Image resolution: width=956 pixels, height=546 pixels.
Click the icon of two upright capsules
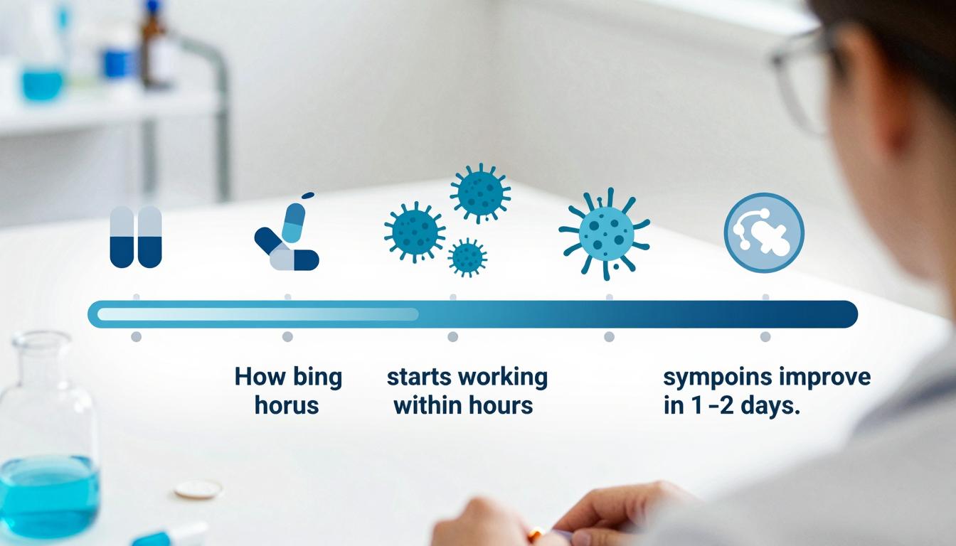[136, 237]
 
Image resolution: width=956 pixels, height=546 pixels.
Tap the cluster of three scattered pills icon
[287, 239]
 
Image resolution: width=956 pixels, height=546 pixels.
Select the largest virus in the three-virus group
[479, 193]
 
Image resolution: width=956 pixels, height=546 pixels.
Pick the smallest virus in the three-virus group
[467, 257]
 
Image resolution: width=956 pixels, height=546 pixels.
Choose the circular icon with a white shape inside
[764, 233]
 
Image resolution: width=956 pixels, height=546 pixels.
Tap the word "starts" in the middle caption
[420, 376]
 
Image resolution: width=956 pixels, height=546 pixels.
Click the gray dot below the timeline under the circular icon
[765, 336]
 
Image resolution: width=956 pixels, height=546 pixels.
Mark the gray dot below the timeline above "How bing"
[287, 336]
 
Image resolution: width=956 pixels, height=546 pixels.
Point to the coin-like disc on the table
[198, 489]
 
